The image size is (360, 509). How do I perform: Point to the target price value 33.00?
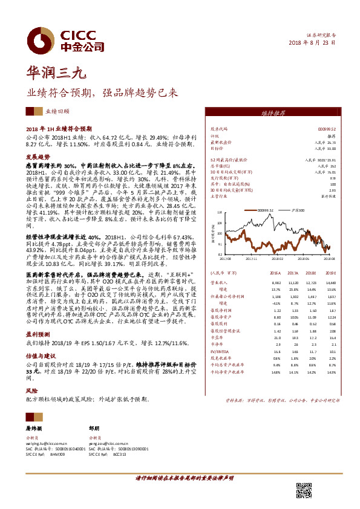click(x=329, y=148)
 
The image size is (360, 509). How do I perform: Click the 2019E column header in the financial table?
click(x=329, y=273)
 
